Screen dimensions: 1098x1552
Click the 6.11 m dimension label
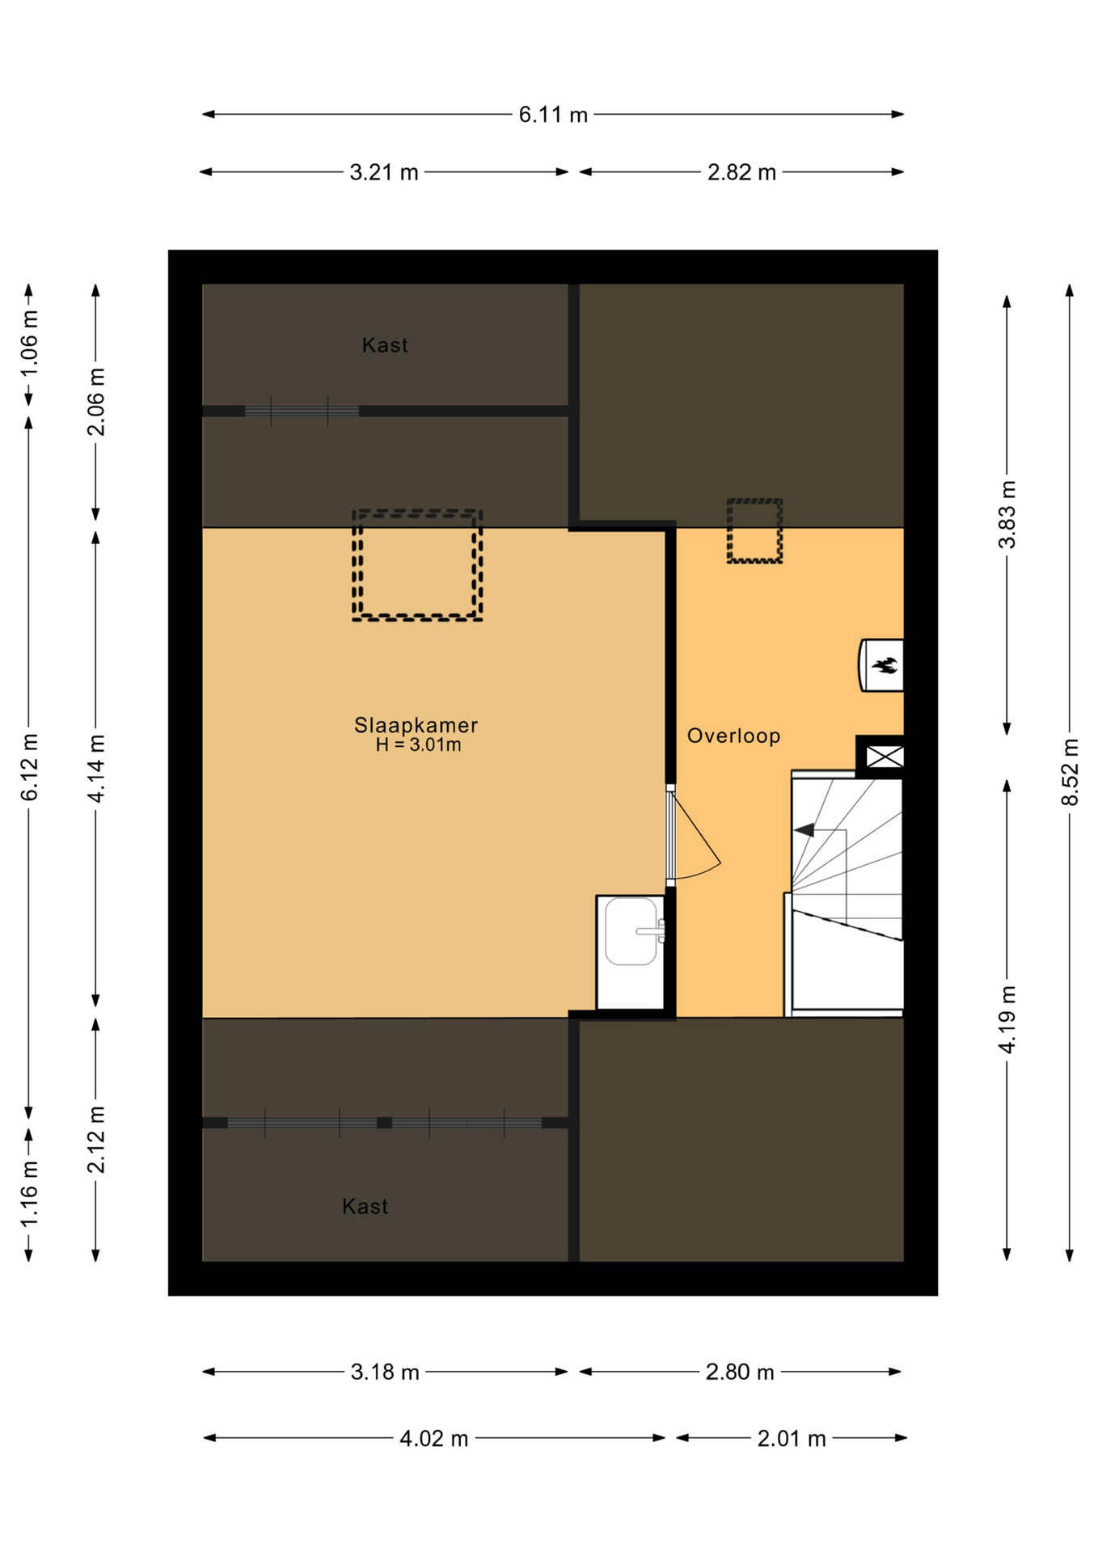(x=553, y=115)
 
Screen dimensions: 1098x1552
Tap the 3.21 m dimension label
(x=384, y=172)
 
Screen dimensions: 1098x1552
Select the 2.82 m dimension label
(x=741, y=172)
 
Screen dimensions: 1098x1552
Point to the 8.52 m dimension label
(x=1070, y=772)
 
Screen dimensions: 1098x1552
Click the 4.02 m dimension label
(x=434, y=1439)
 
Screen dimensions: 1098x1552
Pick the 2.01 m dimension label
(x=792, y=1439)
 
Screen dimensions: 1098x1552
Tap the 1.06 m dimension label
(x=29, y=344)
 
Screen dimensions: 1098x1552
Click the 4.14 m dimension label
(x=96, y=769)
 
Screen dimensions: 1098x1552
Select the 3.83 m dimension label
(x=1007, y=514)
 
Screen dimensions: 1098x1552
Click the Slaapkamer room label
(x=416, y=725)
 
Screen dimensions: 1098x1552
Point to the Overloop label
(x=733, y=736)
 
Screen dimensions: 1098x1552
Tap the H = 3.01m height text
(x=418, y=745)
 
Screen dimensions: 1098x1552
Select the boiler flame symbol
(x=885, y=666)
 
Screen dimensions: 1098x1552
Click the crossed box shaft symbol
(x=885, y=757)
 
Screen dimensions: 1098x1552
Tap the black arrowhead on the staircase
(x=804, y=830)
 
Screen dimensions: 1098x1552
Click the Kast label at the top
(x=385, y=345)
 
